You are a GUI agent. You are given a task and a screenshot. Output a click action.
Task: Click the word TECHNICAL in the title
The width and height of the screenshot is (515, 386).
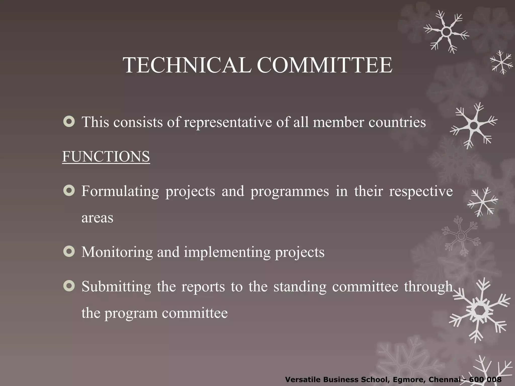pyautogui.click(x=187, y=65)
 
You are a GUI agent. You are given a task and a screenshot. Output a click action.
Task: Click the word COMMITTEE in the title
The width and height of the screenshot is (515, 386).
pyautogui.click(x=324, y=65)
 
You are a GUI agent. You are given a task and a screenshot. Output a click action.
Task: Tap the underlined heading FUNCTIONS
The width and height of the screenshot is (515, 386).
pyautogui.click(x=106, y=157)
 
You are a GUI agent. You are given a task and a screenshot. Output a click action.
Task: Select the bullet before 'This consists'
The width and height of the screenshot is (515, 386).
pyautogui.click(x=69, y=122)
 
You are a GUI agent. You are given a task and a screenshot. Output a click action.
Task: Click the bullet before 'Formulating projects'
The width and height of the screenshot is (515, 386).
pyautogui.click(x=69, y=190)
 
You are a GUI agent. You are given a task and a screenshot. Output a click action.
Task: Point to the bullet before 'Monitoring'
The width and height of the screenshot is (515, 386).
pyautogui.click(x=69, y=252)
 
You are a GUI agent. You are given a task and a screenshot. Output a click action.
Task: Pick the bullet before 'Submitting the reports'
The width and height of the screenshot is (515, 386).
pyautogui.click(x=69, y=286)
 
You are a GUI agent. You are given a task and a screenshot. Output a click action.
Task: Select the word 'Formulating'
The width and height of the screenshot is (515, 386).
pyautogui.click(x=120, y=191)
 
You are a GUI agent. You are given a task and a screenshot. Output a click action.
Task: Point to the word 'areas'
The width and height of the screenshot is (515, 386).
pyautogui.click(x=97, y=218)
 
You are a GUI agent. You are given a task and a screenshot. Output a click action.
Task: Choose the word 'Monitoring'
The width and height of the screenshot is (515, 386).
pyautogui.click(x=117, y=252)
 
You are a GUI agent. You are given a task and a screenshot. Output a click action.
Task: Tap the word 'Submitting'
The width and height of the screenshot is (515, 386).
pyautogui.click(x=116, y=287)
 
